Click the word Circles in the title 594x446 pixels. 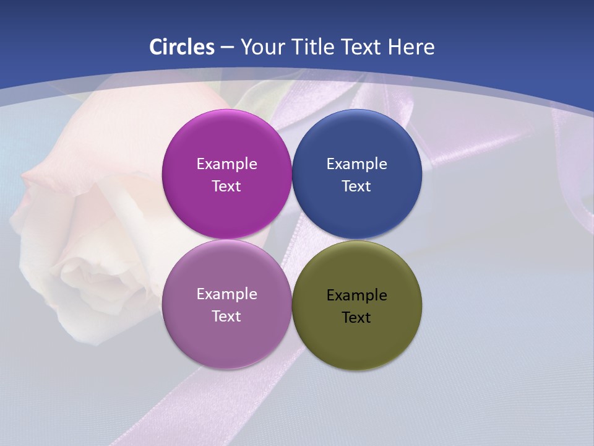182,47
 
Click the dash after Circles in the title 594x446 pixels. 227,48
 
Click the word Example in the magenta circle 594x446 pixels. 226,164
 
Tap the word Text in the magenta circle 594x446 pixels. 226,186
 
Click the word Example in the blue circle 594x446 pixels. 356,164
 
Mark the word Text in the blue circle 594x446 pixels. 356,186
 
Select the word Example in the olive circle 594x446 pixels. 356,295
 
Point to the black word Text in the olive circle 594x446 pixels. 356,318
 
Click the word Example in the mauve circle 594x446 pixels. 226,294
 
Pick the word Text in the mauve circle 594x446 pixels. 226,317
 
